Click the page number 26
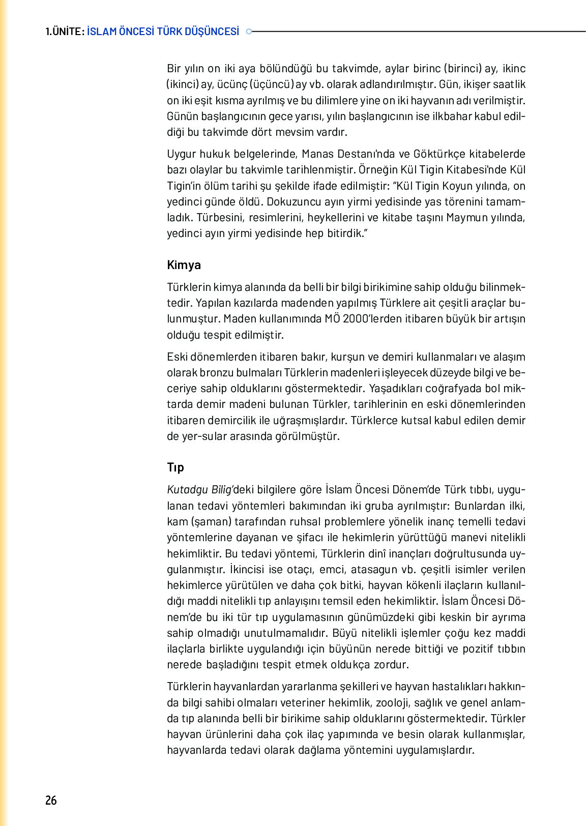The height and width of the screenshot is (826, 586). coord(51,800)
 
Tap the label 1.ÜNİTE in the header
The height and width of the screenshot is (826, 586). coord(64,32)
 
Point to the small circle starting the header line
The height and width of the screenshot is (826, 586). coord(249,32)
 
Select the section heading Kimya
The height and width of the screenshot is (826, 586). coord(184,265)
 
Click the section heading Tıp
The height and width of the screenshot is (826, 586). coord(175,467)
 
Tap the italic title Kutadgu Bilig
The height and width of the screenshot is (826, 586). coord(199,490)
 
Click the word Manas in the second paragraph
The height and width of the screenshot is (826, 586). coord(317,154)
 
